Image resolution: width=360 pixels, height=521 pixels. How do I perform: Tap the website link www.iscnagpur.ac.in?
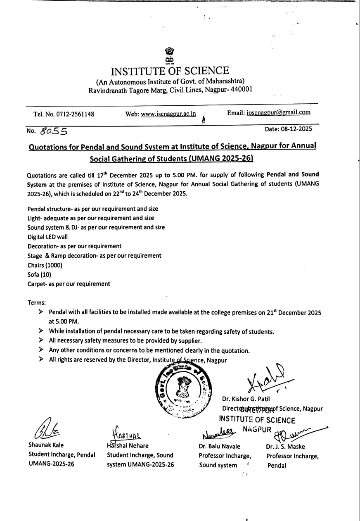(168, 114)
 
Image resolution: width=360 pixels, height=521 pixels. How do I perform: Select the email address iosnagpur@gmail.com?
(278, 112)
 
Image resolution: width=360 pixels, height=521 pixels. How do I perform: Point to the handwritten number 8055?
(54, 131)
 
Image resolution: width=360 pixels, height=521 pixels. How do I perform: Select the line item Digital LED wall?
(47, 237)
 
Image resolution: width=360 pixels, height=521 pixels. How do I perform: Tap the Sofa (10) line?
(39, 274)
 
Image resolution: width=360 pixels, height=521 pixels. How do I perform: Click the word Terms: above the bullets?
(37, 302)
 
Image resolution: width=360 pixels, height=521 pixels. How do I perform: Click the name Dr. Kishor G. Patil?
(246, 399)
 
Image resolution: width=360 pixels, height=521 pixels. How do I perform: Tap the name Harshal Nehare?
(128, 446)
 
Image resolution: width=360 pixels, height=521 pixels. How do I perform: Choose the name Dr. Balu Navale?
(219, 446)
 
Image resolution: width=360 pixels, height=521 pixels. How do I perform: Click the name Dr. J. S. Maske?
(285, 446)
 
